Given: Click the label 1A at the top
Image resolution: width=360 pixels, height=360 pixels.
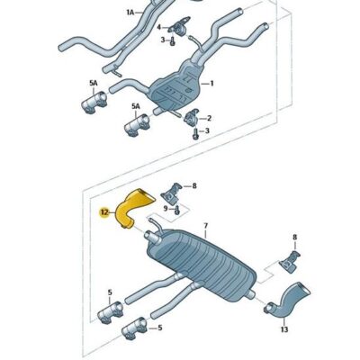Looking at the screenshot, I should pos(130,13).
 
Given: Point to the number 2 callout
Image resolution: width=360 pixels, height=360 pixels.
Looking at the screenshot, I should pos(209,118).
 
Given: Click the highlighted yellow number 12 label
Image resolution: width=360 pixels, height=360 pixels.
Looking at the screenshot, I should pos(104,212).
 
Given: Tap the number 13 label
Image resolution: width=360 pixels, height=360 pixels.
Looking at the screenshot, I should pos(285,330).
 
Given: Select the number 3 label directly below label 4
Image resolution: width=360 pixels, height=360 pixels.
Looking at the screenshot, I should pos(163,40).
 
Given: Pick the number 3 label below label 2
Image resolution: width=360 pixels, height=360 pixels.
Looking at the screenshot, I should pos(208,131).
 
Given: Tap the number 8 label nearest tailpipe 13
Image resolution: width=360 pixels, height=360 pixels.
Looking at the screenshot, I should pos(294,238).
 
